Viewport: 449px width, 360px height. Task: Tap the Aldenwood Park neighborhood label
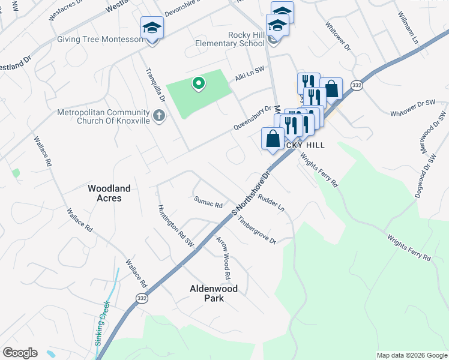214,293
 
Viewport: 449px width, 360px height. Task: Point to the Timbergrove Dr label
257,230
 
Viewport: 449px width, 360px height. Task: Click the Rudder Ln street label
271,203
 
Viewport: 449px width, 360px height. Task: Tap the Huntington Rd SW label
176,226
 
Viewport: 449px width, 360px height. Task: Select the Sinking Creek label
103,323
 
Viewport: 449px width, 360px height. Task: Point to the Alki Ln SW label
249,73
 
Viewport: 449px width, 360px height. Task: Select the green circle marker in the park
197,83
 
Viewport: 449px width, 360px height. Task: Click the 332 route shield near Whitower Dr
357,86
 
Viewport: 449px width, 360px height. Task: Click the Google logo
20,353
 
